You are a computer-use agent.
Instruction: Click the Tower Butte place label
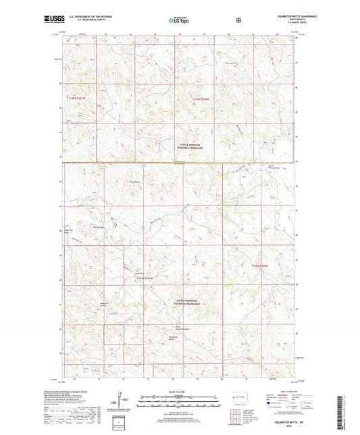[134, 182]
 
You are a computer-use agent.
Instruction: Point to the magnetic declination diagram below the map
[122, 407]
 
